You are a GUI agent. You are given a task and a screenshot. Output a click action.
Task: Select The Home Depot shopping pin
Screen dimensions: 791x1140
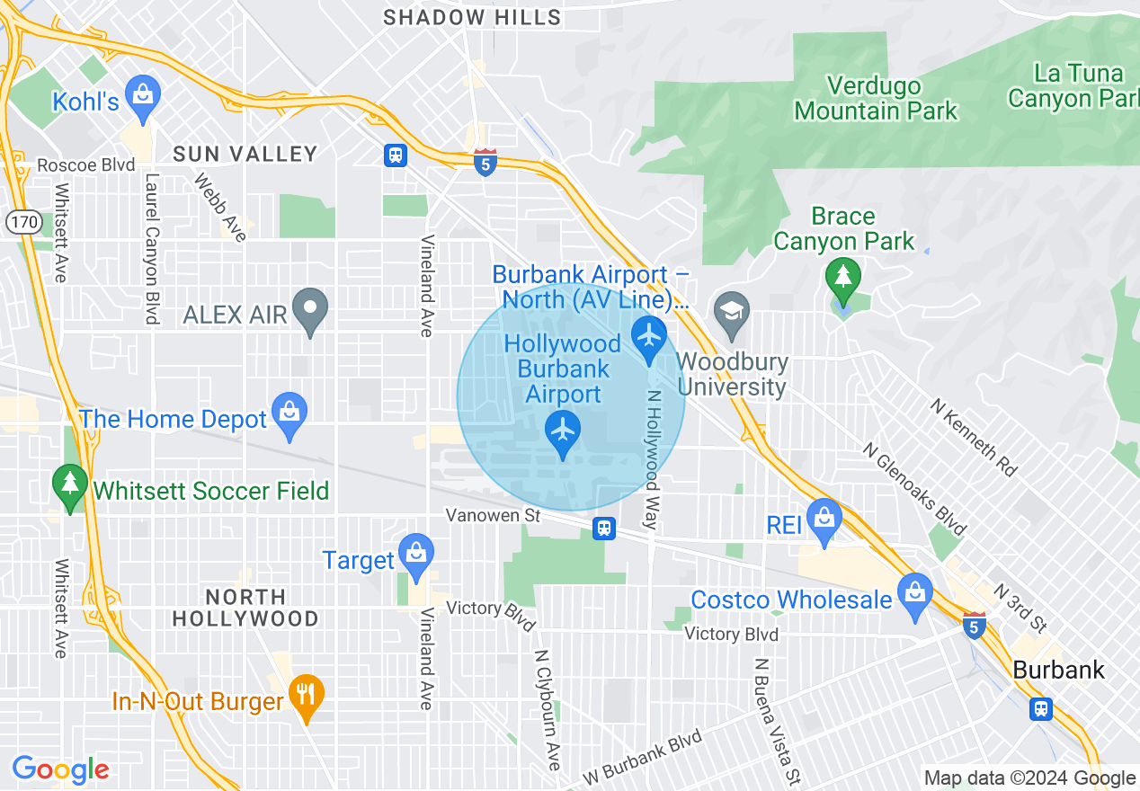(289, 413)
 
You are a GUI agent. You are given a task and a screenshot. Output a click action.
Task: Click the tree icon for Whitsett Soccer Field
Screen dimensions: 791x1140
(69, 485)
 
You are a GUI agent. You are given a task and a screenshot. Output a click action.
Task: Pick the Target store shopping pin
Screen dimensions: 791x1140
(416, 555)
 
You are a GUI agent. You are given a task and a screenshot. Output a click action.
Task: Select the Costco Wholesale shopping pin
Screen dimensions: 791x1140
(914, 595)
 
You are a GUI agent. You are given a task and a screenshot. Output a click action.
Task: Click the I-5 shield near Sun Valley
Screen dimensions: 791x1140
(485, 163)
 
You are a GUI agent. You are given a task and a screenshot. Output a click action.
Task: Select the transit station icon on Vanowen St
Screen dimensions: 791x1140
(604, 528)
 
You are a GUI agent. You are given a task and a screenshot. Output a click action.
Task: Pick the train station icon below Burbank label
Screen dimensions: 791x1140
(1041, 708)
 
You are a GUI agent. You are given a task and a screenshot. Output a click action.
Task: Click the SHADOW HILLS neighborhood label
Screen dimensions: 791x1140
(472, 17)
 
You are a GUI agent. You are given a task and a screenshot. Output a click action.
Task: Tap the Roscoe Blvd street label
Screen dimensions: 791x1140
(85, 165)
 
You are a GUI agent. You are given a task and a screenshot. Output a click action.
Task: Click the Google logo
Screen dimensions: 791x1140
(60, 769)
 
